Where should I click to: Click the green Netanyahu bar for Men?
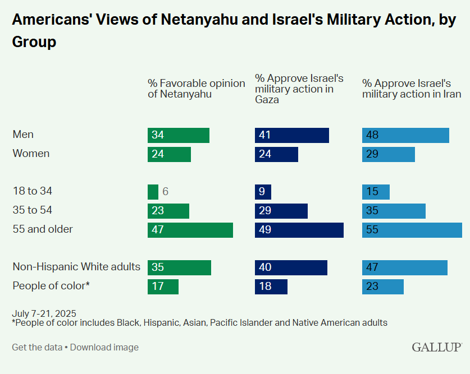click(x=179, y=135)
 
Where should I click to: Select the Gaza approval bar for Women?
click(x=276, y=154)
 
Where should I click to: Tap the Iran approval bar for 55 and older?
click(x=412, y=230)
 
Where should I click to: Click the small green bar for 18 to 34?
click(x=153, y=192)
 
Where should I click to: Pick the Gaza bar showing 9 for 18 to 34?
click(x=263, y=192)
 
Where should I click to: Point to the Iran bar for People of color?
click(x=383, y=287)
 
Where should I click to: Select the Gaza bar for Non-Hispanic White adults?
click(x=291, y=267)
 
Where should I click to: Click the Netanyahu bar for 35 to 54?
click(x=168, y=211)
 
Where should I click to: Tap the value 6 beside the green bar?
click(x=166, y=192)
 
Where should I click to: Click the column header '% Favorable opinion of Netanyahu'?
click(x=196, y=89)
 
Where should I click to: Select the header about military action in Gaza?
click(x=299, y=89)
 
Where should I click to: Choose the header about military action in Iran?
click(x=411, y=89)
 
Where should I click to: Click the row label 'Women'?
click(x=31, y=154)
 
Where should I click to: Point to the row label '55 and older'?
click(x=43, y=229)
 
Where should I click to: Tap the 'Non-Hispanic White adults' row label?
click(x=76, y=267)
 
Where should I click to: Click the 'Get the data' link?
click(x=37, y=348)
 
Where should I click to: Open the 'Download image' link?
click(x=104, y=348)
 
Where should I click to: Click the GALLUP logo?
click(x=437, y=347)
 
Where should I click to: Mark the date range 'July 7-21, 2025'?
click(x=44, y=313)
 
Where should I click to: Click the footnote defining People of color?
click(x=199, y=323)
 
